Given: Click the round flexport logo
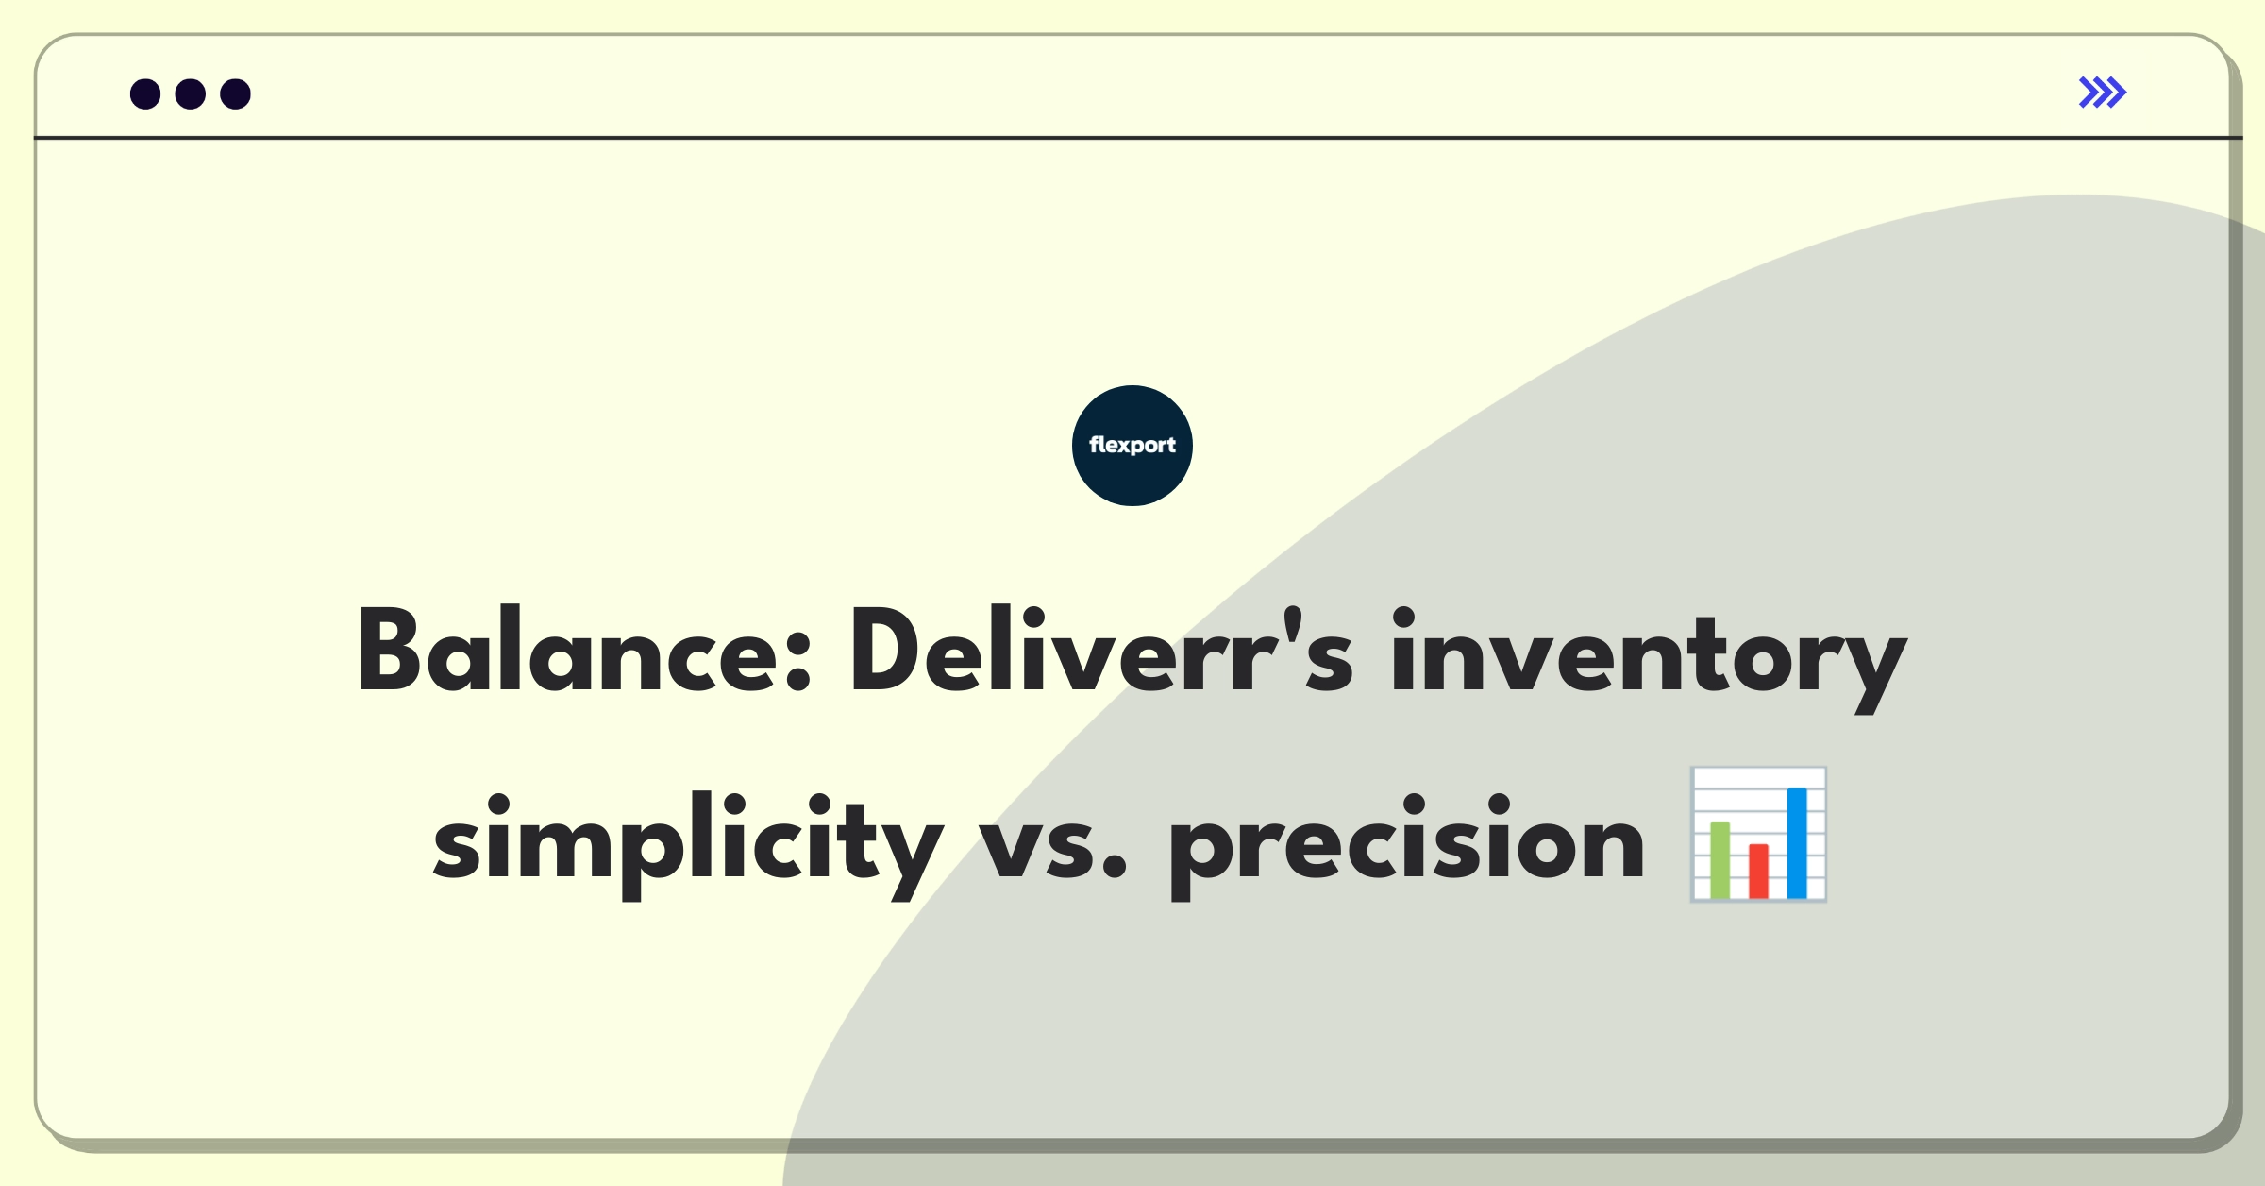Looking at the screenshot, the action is click(1132, 446).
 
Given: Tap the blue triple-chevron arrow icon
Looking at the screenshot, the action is click(2103, 93).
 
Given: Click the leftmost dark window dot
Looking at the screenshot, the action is click(145, 93).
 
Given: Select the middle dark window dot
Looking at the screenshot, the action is click(191, 93).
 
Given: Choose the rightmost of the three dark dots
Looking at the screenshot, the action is click(236, 93).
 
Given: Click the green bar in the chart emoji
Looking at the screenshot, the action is click(1720, 860).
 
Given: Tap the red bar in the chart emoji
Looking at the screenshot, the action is click(1758, 872).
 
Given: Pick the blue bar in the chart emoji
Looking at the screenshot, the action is click(1797, 843).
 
